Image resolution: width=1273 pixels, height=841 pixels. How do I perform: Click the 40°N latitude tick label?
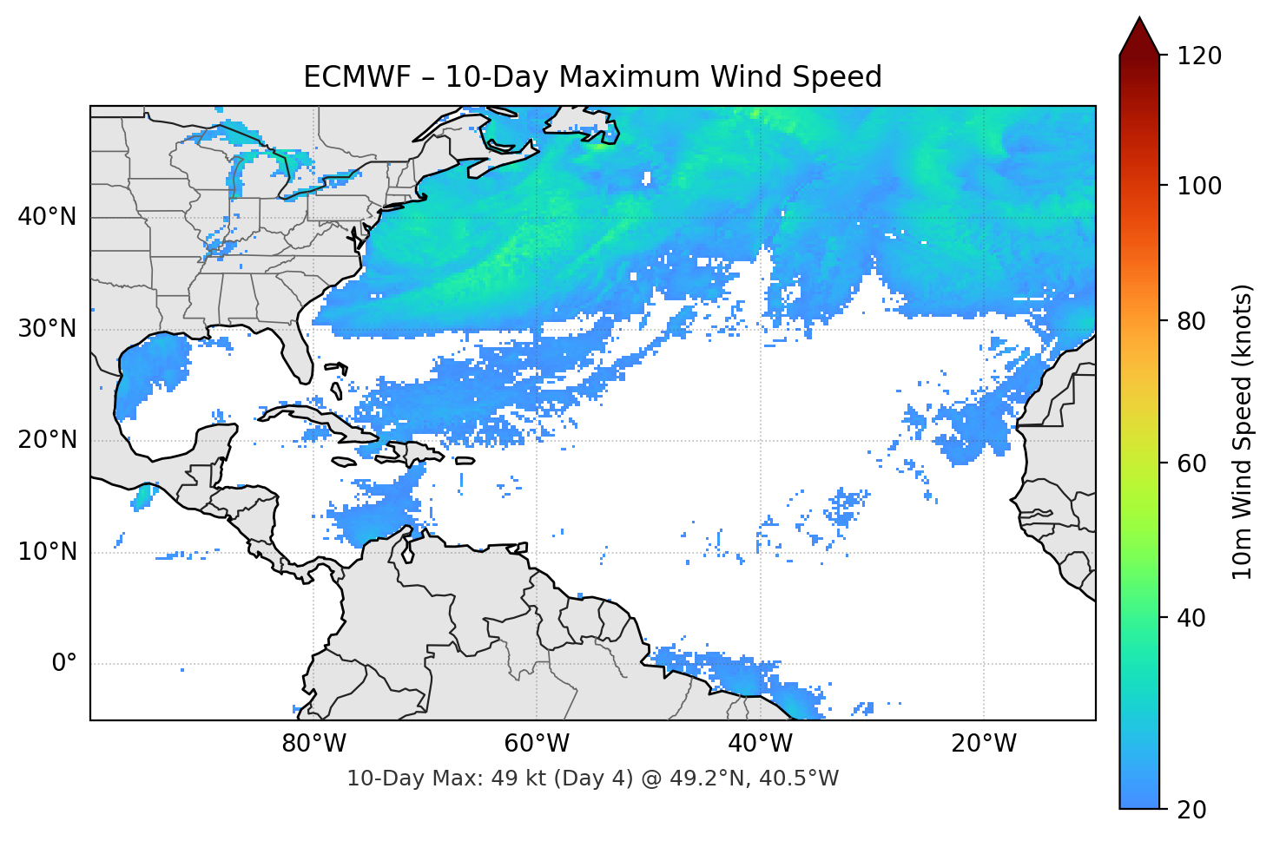[x=47, y=217]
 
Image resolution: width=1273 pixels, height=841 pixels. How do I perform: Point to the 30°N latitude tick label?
[x=47, y=329]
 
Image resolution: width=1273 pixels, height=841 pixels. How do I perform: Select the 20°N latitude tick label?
[x=47, y=440]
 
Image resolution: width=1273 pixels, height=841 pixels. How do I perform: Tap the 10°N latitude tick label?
[x=47, y=552]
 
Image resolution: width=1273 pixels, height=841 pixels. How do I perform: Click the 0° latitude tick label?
[x=64, y=664]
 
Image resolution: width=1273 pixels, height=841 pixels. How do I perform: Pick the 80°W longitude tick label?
[x=313, y=744]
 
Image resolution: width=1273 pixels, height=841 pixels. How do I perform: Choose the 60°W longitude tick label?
[x=537, y=744]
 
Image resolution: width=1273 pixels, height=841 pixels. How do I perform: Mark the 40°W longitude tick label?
[x=760, y=744]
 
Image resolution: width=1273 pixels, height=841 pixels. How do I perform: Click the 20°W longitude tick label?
[x=983, y=744]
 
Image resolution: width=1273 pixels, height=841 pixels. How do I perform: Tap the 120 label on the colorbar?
[x=1198, y=56]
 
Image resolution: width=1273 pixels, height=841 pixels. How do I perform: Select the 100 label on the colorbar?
[x=1198, y=186]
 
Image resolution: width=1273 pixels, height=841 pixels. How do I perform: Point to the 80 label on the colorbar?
[x=1191, y=321]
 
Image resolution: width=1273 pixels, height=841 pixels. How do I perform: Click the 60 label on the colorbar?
[x=1191, y=463]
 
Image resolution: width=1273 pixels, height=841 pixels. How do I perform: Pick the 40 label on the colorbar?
[x=1191, y=618]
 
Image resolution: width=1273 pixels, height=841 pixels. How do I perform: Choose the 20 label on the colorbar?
[x=1191, y=810]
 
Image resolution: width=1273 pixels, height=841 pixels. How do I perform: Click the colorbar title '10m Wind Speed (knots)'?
[x=1243, y=431]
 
